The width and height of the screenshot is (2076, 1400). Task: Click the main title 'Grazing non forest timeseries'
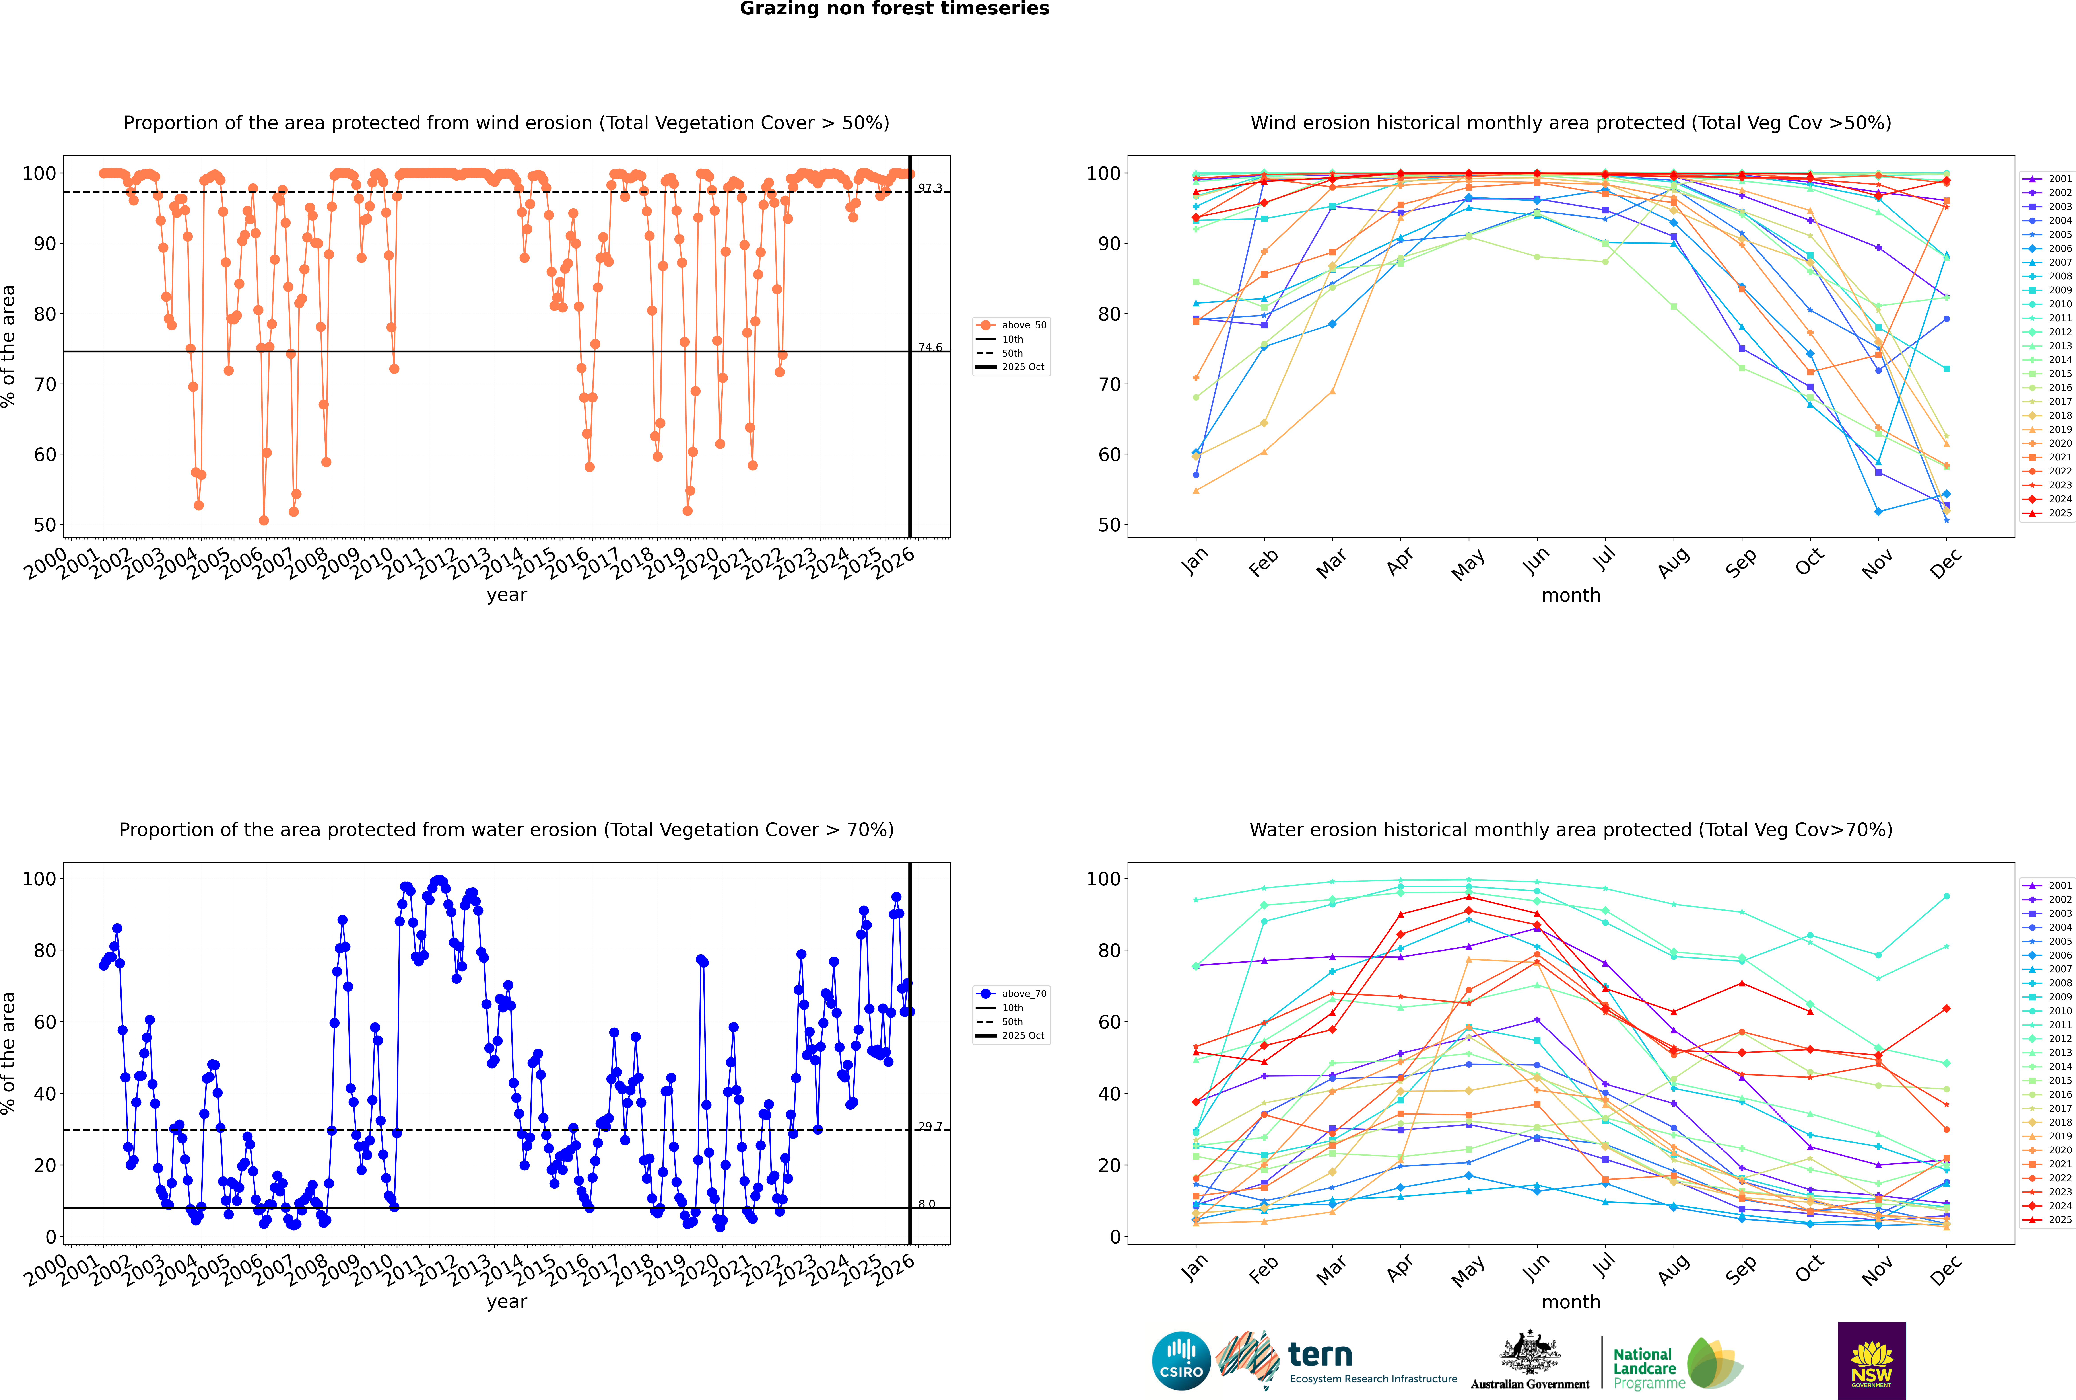tap(894, 9)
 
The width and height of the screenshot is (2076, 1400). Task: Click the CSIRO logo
tap(1181, 1361)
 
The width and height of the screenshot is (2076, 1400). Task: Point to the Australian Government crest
tap(1530, 1353)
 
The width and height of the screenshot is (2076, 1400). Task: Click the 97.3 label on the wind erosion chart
tap(930, 188)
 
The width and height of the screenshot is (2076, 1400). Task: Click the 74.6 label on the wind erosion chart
tap(930, 347)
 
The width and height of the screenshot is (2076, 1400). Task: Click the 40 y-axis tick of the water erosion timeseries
tap(45, 1094)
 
